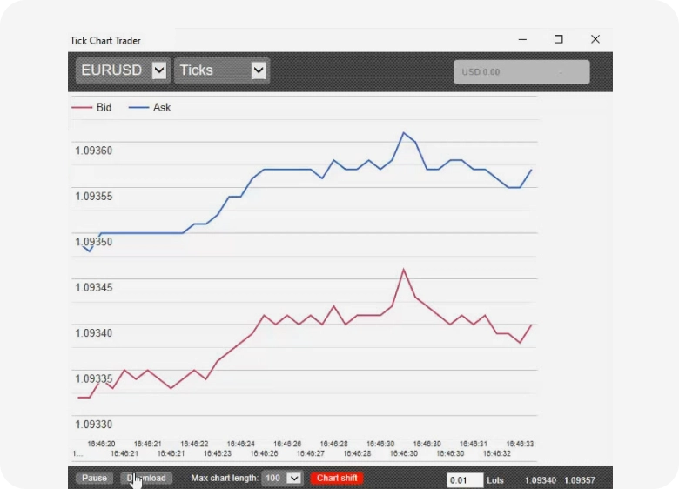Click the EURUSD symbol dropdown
[x=123, y=70]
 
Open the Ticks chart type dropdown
[x=222, y=70]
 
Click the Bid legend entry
[x=93, y=108]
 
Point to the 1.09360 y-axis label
[x=94, y=151]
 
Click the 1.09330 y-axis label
[x=94, y=425]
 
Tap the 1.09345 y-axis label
[x=94, y=287]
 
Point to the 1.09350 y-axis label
[x=94, y=242]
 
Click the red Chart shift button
[x=337, y=478]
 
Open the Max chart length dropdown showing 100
[x=282, y=478]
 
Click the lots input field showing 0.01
[x=465, y=480]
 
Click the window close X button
[x=595, y=39]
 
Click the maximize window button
[x=559, y=39]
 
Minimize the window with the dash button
[x=522, y=39]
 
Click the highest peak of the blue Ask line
[x=404, y=133]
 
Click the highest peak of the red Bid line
[x=404, y=270]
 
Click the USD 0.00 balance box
[x=521, y=72]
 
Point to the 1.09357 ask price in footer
[x=580, y=480]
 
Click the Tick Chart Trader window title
[x=105, y=41]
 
